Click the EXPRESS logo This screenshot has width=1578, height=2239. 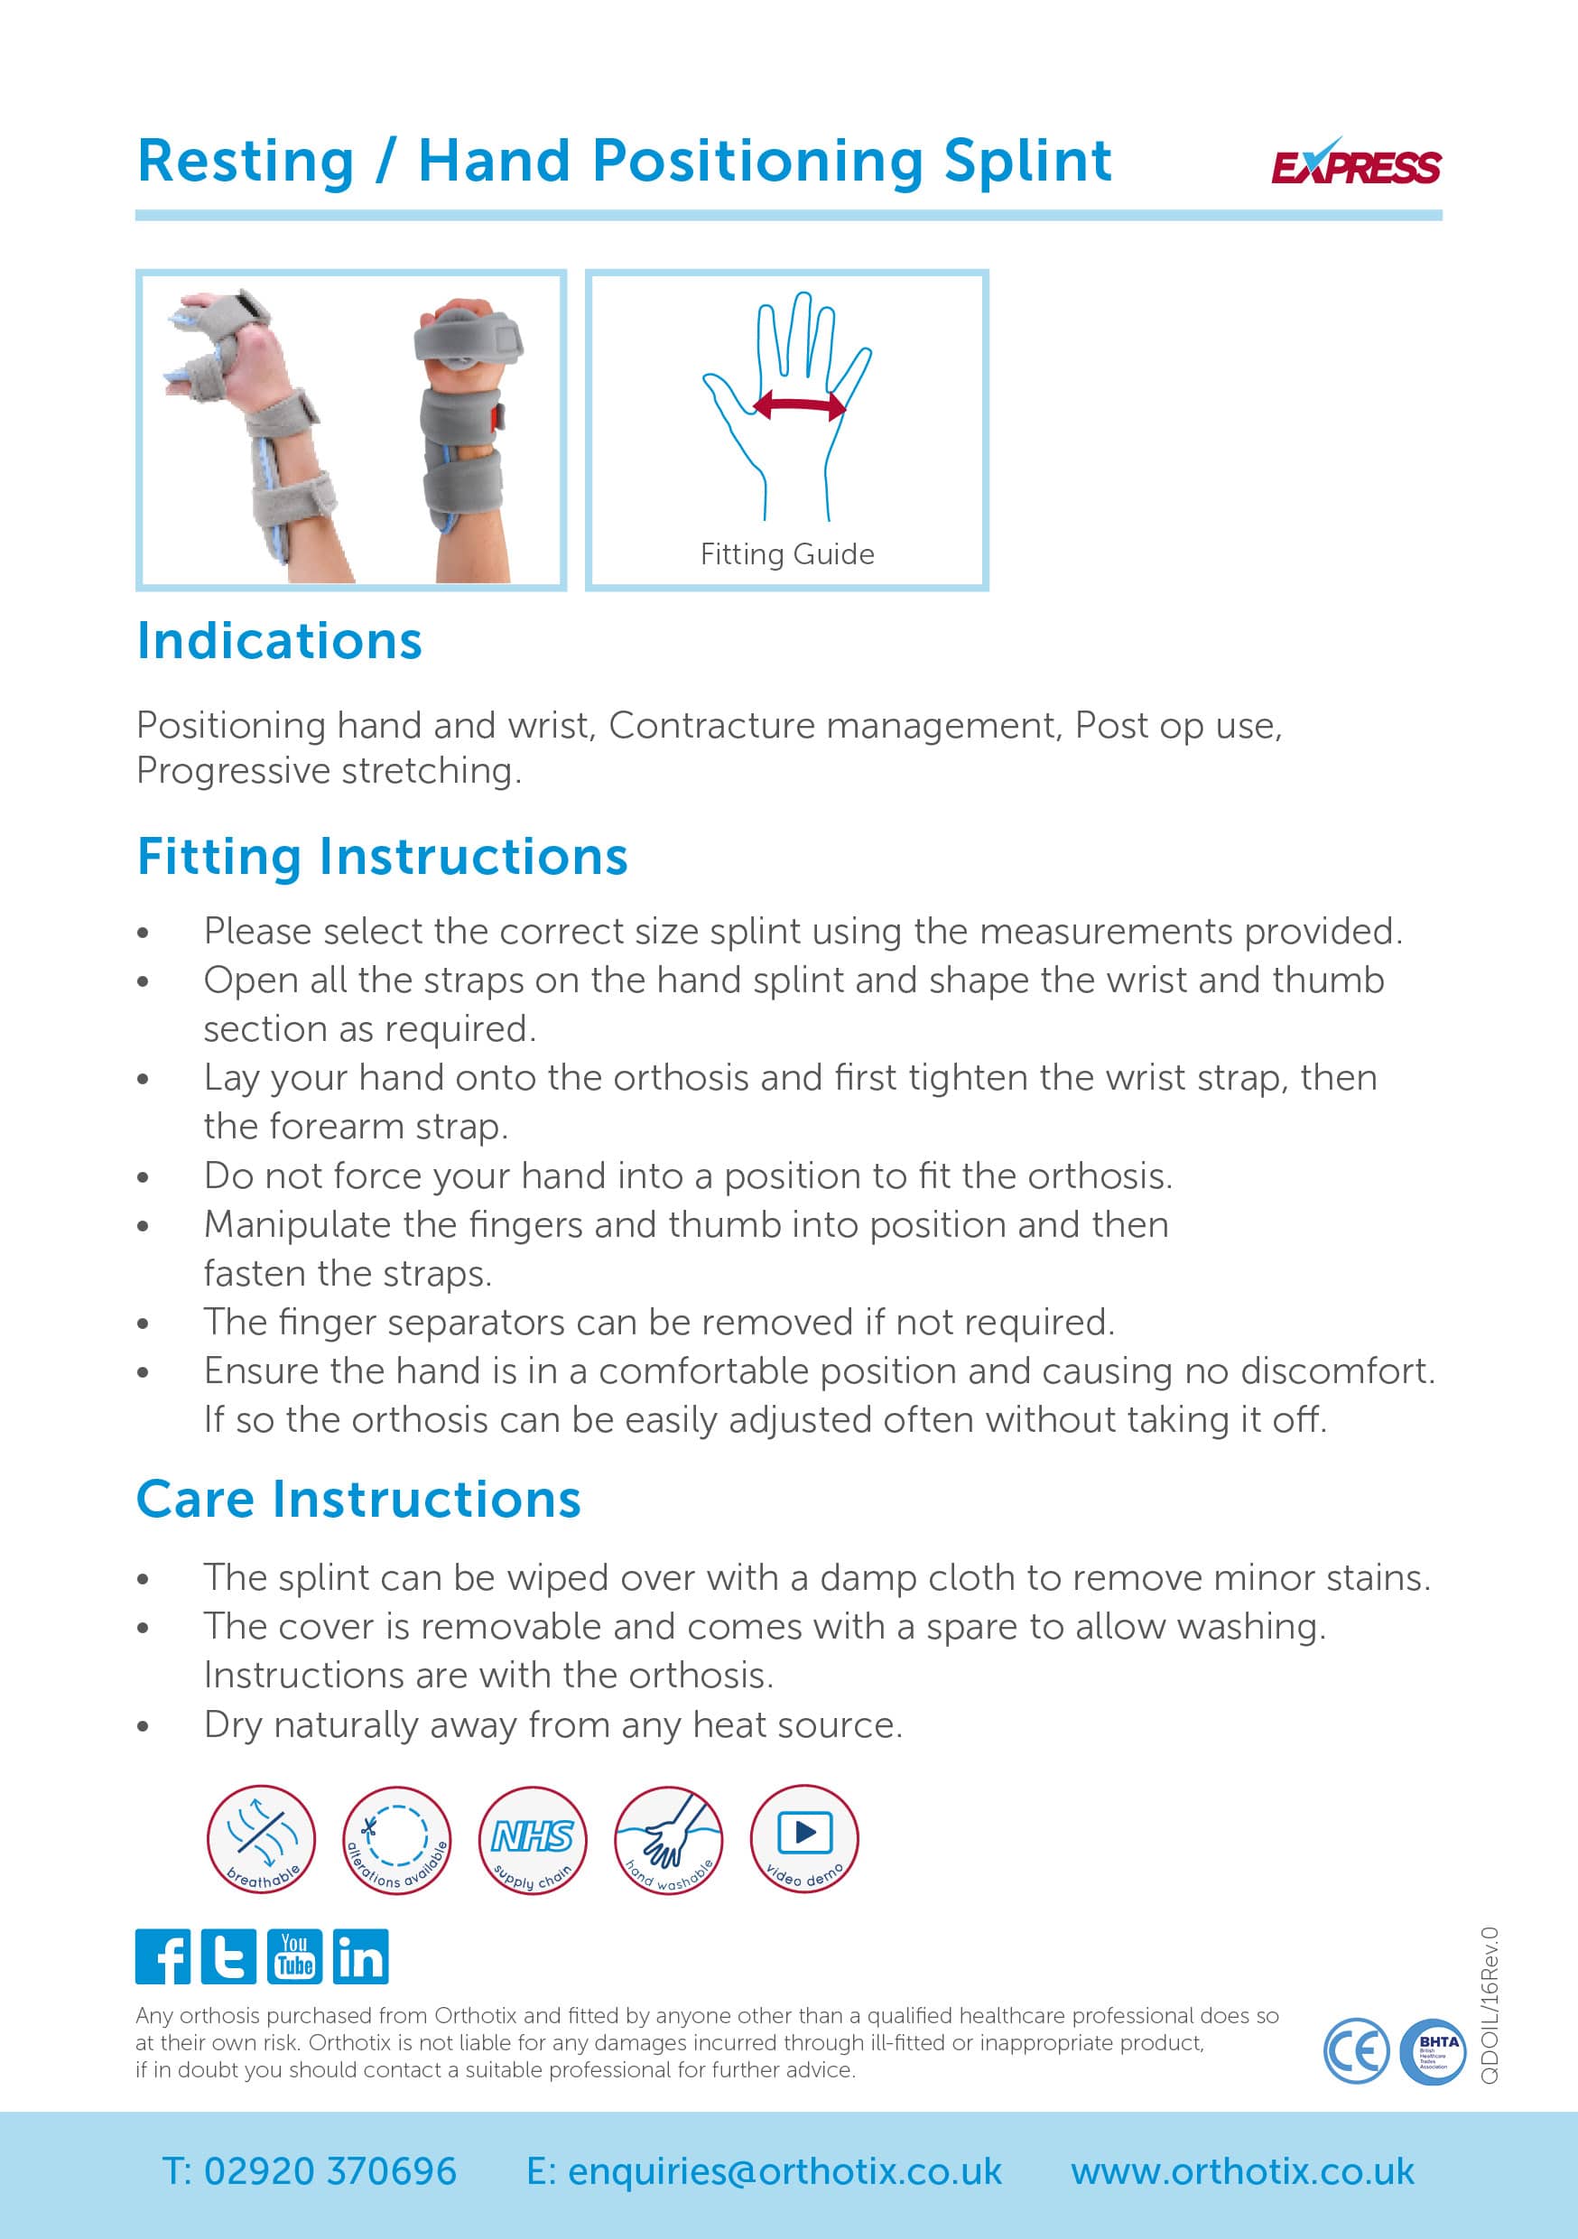point(1355,163)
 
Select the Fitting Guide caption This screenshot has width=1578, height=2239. point(787,554)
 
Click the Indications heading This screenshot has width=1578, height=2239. point(280,642)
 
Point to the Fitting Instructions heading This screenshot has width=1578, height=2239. point(382,856)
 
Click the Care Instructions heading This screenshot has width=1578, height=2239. point(359,1499)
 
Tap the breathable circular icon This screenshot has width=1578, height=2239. point(262,1840)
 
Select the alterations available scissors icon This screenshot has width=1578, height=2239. point(397,1840)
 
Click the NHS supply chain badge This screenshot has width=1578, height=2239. point(533,1840)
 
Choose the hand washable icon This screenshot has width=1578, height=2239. point(668,1840)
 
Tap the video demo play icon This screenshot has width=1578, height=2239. point(803,1840)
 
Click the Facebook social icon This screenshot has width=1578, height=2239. point(162,1957)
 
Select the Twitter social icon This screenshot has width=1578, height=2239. point(228,1957)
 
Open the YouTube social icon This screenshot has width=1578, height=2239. point(293,1957)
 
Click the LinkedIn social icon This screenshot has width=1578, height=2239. point(360,1957)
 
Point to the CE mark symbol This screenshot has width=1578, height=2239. point(1355,2052)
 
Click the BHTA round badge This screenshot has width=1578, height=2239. point(1432,2052)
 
